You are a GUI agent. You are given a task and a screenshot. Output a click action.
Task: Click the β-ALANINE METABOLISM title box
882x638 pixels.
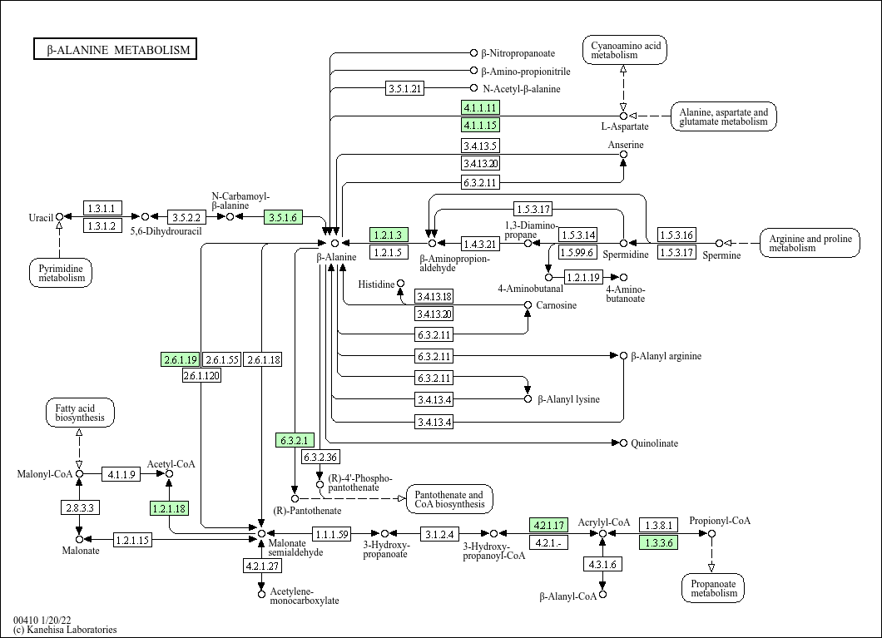coord(115,49)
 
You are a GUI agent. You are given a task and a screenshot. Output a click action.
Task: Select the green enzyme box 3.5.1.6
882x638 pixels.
coord(283,217)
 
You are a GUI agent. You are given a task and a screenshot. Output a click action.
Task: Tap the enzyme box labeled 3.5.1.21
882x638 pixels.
coord(405,88)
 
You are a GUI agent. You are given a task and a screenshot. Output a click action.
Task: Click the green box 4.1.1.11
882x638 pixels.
coord(480,107)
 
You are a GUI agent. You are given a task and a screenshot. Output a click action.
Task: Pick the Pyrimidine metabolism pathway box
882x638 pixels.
coord(61,273)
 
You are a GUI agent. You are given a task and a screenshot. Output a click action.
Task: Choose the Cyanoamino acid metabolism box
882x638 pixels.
coord(625,50)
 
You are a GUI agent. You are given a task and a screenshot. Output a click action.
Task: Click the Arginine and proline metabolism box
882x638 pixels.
coord(810,243)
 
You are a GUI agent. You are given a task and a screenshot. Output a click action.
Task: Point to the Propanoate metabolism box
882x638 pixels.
coord(713,588)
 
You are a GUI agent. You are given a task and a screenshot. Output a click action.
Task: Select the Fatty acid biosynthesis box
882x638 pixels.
coord(80,413)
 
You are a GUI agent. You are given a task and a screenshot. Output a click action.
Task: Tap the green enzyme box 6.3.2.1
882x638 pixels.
coord(295,440)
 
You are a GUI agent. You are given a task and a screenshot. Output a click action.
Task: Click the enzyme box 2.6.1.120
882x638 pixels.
coord(201,375)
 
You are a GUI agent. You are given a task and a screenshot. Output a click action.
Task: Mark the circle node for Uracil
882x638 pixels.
coord(59,216)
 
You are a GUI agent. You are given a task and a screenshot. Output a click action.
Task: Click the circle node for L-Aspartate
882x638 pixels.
coord(623,116)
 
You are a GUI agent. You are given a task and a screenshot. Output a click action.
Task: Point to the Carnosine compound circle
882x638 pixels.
coord(528,304)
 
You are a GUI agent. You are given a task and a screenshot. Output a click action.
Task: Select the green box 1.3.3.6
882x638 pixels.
coord(659,542)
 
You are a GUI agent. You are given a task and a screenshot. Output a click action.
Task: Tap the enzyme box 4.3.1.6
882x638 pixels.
coord(602,564)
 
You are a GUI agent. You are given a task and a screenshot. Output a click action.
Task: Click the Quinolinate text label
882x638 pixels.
coord(654,443)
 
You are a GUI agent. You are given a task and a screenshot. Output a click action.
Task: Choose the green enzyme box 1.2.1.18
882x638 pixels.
coord(169,509)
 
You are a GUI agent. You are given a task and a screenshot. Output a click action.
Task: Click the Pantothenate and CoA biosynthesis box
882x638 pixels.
coord(449,499)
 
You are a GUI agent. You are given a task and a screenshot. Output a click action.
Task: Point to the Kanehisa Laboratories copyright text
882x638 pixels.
coord(65,630)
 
